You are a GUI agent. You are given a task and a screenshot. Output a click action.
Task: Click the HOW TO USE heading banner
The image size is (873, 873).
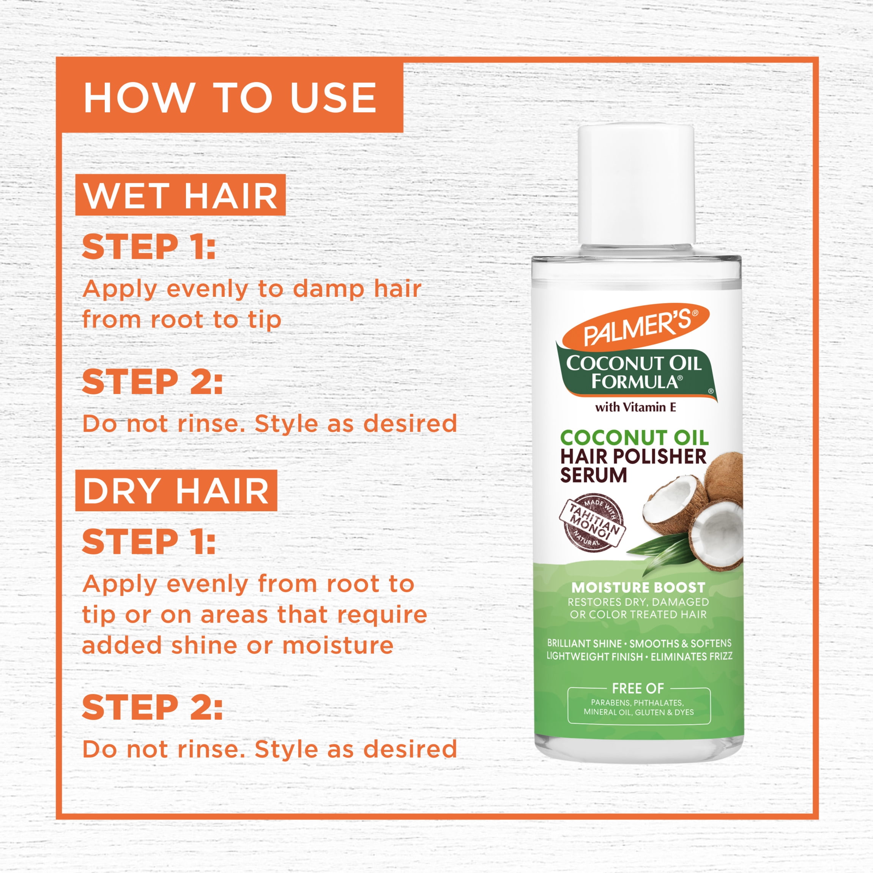tap(230, 95)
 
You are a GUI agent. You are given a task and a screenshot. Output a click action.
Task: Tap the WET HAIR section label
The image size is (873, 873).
tap(180, 195)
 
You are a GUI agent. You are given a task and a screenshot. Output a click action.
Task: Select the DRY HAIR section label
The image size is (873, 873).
tap(176, 490)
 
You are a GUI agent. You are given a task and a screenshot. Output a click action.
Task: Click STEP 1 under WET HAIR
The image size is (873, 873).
tap(149, 247)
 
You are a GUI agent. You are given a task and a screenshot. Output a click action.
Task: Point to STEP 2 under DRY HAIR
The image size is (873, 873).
tap(152, 707)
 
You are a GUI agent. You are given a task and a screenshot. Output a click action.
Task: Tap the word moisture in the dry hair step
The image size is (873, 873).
tap(337, 645)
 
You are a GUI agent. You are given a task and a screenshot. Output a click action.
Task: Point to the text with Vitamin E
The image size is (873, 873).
tap(635, 407)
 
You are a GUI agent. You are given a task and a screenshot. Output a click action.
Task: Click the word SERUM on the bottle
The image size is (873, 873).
tap(593, 475)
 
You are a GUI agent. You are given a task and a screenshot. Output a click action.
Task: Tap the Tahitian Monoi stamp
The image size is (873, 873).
tap(591, 523)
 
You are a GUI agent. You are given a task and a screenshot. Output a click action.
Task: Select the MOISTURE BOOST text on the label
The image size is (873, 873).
tap(638, 588)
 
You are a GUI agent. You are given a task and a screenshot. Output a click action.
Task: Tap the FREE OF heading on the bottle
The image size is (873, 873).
tap(638, 688)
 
